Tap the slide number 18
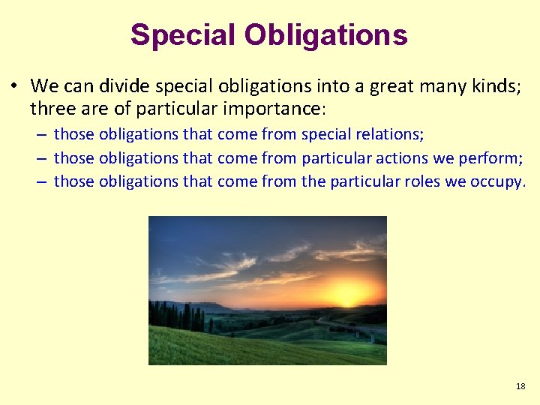point(520,386)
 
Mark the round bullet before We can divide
point(15,86)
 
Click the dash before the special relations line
point(43,134)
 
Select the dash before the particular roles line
point(43,181)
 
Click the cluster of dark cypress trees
point(177,316)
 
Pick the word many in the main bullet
point(450,86)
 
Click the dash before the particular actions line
point(43,157)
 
